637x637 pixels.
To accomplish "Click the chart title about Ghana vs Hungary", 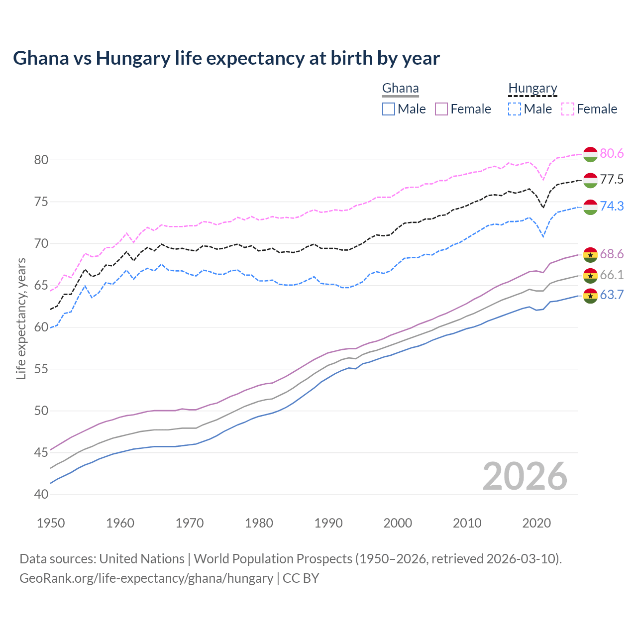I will pyautogui.click(x=226, y=58).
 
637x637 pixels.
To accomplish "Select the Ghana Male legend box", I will pyautogui.click(x=389, y=109).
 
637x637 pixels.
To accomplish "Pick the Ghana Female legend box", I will pyautogui.click(x=442, y=109).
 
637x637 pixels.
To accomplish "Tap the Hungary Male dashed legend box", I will pyautogui.click(x=515, y=109).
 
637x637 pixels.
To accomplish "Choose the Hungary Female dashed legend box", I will pyautogui.click(x=568, y=109).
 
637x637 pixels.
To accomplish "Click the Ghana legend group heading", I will pyautogui.click(x=400, y=89).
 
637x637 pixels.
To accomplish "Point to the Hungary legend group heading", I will pyautogui.click(x=532, y=89).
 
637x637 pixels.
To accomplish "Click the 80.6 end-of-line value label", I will pyautogui.click(x=612, y=154).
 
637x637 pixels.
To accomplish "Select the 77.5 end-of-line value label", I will pyautogui.click(x=612, y=180).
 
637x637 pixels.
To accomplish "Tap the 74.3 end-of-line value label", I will pyautogui.click(x=612, y=207).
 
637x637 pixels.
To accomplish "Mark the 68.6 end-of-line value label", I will pyautogui.click(x=612, y=254).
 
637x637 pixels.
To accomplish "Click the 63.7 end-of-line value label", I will pyautogui.click(x=612, y=295).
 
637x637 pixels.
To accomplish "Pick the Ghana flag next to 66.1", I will pyautogui.click(x=590, y=275).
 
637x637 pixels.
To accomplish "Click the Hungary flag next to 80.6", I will pyautogui.click(x=590, y=154).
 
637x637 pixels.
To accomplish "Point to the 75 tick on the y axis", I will pyautogui.click(x=41, y=202).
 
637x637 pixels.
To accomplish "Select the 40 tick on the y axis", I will pyautogui.click(x=41, y=495).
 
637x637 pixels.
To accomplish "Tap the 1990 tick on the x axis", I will pyautogui.click(x=328, y=523).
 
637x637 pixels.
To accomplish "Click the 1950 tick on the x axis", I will pyautogui.click(x=51, y=523).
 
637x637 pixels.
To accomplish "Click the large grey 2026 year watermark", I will pyautogui.click(x=525, y=476).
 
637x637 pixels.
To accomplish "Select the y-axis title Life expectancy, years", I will pyautogui.click(x=21, y=318).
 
